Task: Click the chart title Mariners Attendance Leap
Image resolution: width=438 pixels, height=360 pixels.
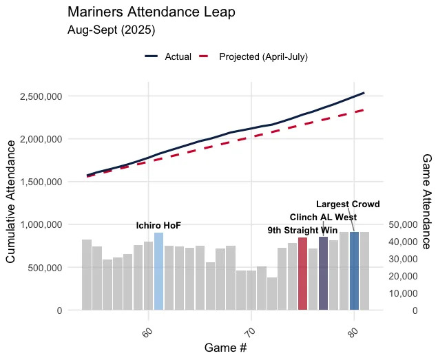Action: click(152, 12)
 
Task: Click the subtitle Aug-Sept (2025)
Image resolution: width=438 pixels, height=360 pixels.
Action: click(111, 30)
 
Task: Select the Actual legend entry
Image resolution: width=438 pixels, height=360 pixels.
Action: click(168, 56)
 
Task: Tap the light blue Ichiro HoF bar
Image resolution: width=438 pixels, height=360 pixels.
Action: click(158, 271)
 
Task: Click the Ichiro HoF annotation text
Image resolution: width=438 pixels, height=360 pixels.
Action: click(158, 226)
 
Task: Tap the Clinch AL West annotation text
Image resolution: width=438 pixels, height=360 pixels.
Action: click(323, 217)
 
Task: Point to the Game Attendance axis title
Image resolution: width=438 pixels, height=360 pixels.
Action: click(426, 200)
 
